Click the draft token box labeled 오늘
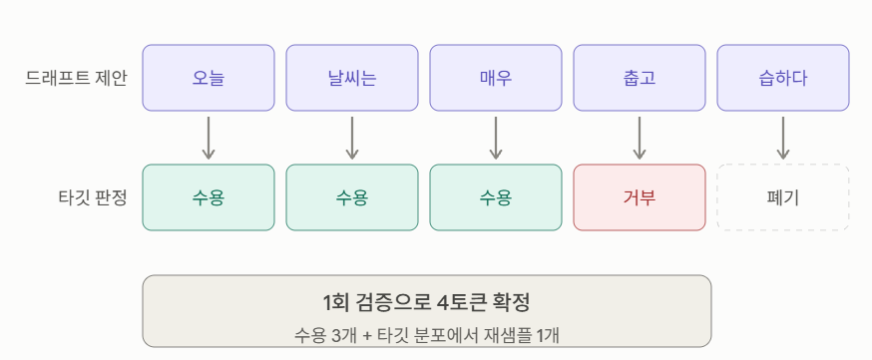point(209,78)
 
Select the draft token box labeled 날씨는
point(352,78)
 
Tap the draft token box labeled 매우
point(496,78)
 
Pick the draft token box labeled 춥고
point(640,78)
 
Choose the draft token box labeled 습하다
point(783,78)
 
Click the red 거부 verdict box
point(640,197)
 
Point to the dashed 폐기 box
point(783,197)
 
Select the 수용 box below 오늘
point(209,197)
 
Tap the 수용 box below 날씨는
point(352,197)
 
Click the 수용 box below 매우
point(496,197)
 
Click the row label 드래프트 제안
point(76,79)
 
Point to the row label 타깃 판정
point(93,197)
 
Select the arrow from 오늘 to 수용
point(209,138)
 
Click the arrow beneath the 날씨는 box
point(352,138)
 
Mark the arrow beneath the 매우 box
point(496,138)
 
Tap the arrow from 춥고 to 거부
point(640,138)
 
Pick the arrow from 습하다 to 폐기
point(783,138)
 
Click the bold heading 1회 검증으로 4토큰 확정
point(427,303)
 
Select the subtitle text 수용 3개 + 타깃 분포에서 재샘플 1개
point(427,335)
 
